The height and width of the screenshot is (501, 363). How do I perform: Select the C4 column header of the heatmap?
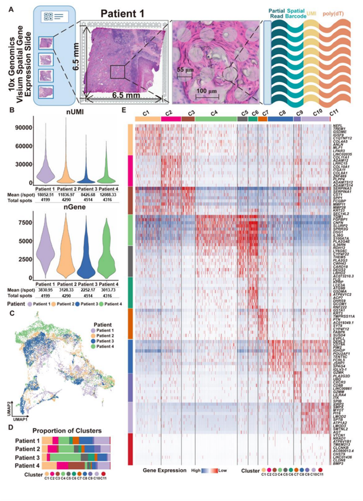tap(214, 111)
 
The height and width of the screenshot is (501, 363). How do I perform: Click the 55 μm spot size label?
tap(185, 70)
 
